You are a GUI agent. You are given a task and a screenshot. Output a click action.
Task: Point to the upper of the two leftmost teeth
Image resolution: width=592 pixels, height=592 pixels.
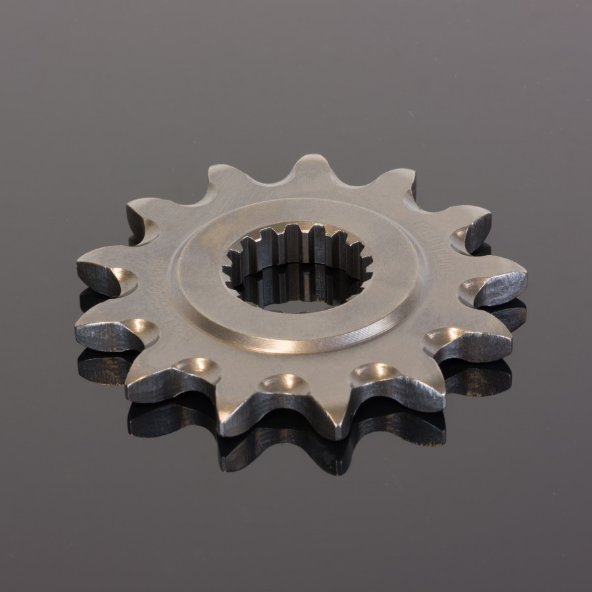tap(102, 270)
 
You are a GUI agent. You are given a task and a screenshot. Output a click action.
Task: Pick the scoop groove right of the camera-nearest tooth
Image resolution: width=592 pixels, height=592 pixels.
tap(368, 375)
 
